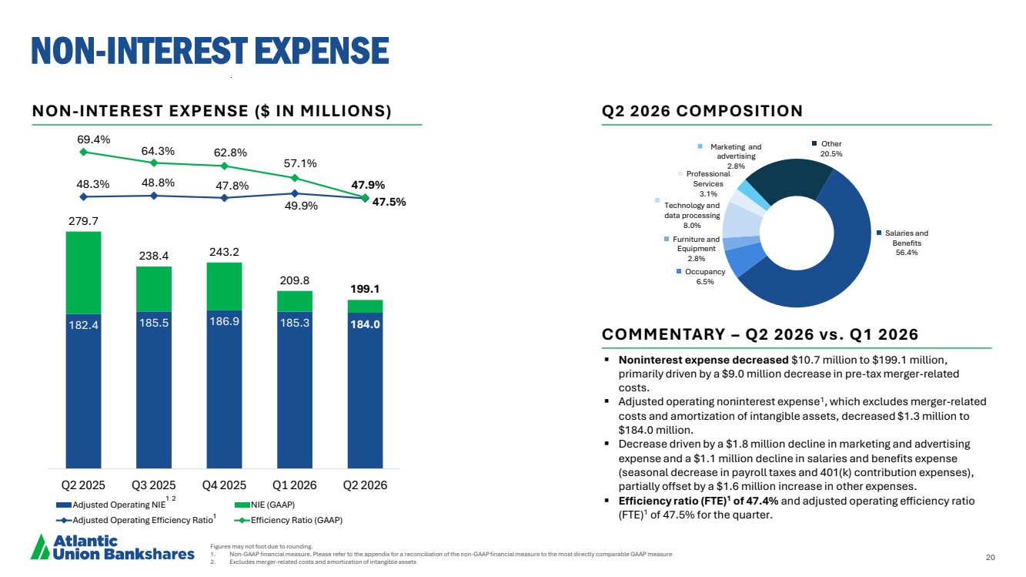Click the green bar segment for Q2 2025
[x=83, y=273]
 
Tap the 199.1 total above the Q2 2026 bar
[x=365, y=289]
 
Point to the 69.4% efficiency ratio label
[x=93, y=139]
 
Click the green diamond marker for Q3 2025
[x=154, y=163]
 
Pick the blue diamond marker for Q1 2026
[x=295, y=193]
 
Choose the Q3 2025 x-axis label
[x=153, y=485]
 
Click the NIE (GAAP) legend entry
[x=265, y=505]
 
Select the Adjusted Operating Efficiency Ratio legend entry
[x=136, y=520]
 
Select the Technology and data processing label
[x=692, y=216]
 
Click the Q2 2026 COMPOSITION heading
[x=702, y=111]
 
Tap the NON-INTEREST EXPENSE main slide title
[x=210, y=50]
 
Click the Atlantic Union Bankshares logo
[x=112, y=547]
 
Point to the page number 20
[x=991, y=557]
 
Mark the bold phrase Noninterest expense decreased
[x=703, y=360]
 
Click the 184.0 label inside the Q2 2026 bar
[x=365, y=324]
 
